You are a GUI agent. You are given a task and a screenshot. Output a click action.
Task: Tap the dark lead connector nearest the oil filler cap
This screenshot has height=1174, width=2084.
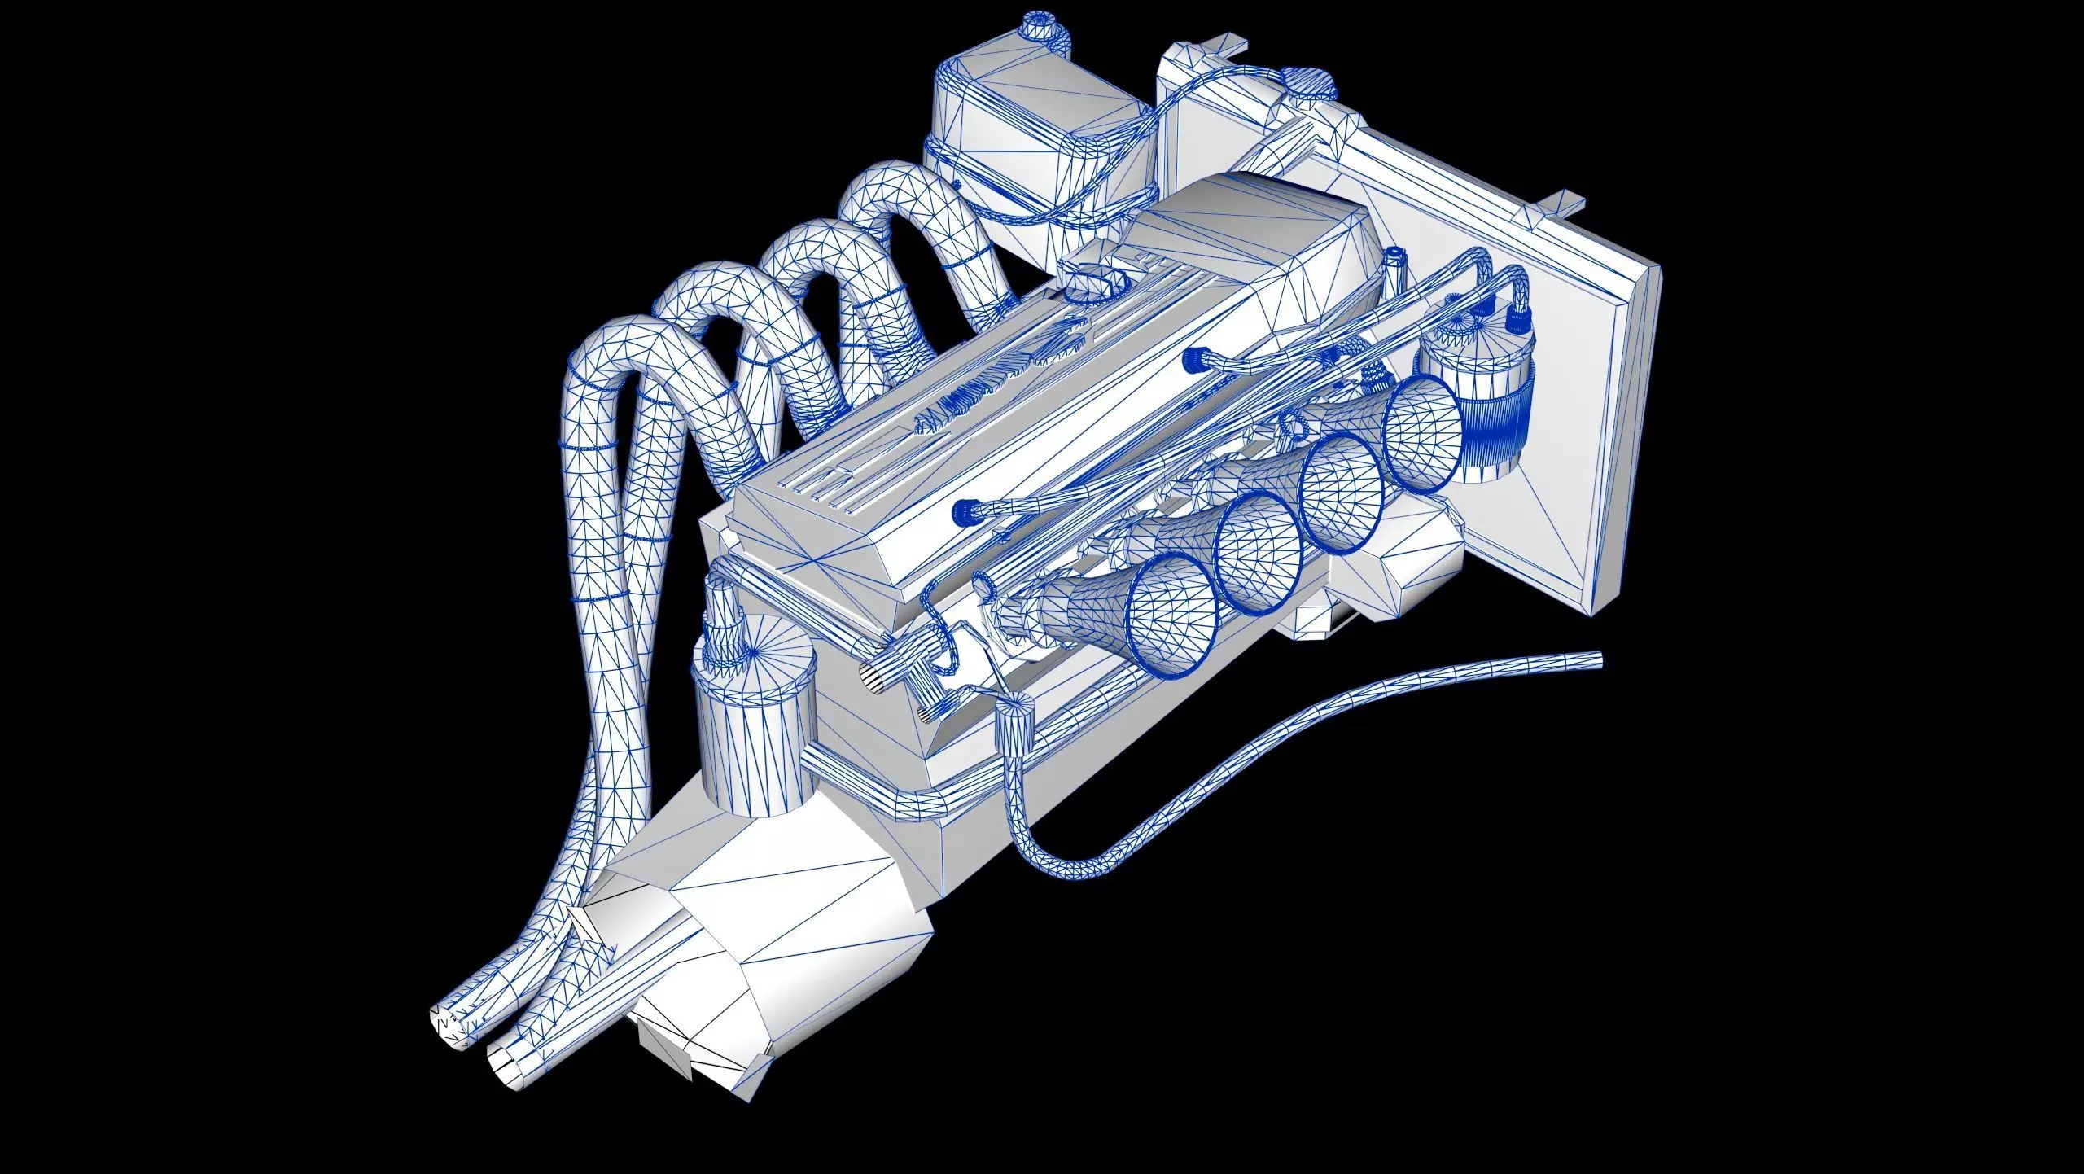click(1194, 357)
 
